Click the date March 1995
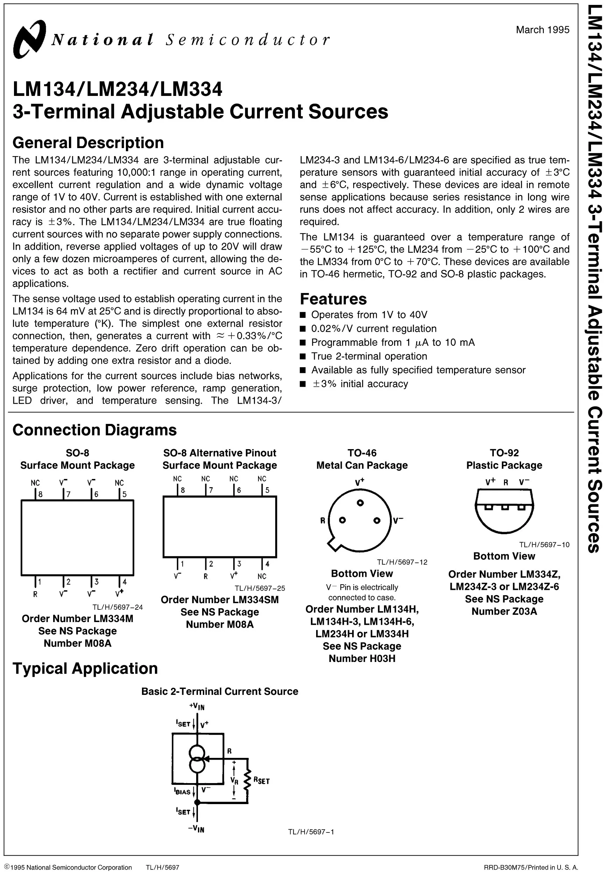click(x=542, y=30)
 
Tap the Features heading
click(x=333, y=299)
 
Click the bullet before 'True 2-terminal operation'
click(x=302, y=356)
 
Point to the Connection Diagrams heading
click(x=94, y=430)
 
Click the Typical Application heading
click(x=85, y=668)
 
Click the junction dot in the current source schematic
click(x=197, y=803)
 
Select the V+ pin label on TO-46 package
click(x=360, y=482)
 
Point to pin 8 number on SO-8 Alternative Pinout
click(x=183, y=490)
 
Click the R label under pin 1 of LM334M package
click(x=35, y=594)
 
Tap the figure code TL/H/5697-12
click(x=402, y=562)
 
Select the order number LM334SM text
click(x=220, y=600)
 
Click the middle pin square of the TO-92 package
click(x=505, y=508)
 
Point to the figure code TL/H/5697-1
click(x=311, y=832)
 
